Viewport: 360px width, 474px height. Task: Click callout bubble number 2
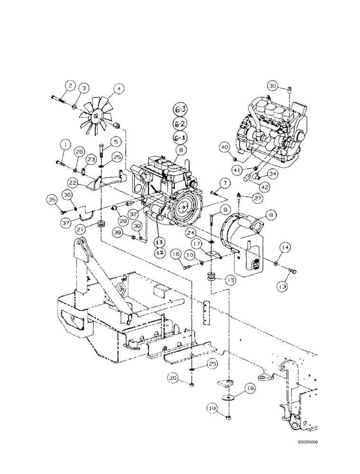click(70, 86)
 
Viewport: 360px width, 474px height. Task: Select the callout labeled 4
click(118, 88)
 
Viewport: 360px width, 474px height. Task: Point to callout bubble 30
click(272, 86)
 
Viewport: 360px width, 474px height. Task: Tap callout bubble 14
click(285, 247)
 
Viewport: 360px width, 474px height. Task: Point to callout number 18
click(212, 408)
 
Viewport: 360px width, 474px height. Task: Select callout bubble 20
click(173, 378)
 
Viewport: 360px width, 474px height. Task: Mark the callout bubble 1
click(64, 144)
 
